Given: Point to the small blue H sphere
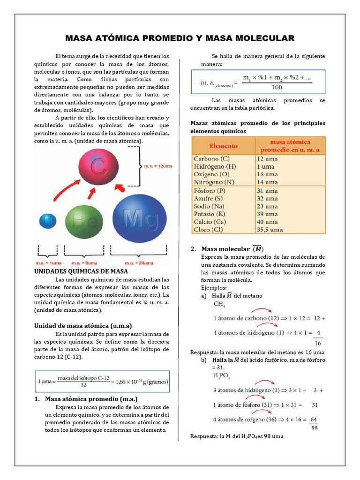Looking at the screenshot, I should coord(47,222).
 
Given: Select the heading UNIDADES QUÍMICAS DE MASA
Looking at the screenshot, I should coord(81,271).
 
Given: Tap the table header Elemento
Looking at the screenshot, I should coord(223,146).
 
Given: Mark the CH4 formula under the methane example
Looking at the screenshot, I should coord(219,304).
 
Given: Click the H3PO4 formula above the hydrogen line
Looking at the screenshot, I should coord(222,375).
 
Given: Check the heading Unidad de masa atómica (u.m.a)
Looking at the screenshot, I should coord(83,325).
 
